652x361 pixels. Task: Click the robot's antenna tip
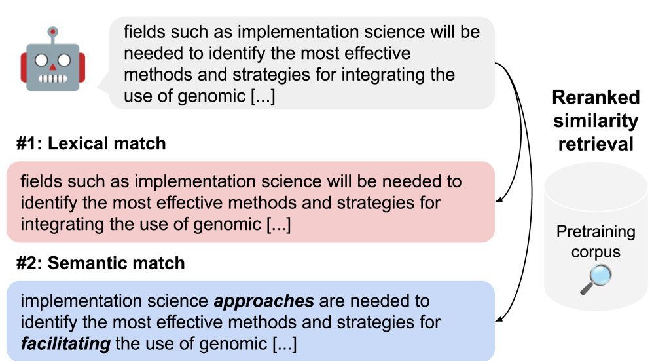53,31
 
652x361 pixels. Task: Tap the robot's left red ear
24,67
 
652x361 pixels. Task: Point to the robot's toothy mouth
53,78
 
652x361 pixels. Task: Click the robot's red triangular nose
53,67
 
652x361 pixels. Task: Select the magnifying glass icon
596,280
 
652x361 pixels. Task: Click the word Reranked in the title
596,98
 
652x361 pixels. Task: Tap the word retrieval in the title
596,144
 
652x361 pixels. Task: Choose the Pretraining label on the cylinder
596,232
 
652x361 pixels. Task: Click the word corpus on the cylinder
596,252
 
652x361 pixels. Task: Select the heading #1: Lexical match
91,143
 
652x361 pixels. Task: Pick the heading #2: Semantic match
101,263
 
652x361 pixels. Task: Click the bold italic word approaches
264,301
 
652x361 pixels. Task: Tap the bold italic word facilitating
65,344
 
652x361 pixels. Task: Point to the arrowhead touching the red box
499,199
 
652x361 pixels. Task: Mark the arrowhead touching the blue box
499,319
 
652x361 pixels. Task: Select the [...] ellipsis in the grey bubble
263,96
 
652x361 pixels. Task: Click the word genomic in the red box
227,225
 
